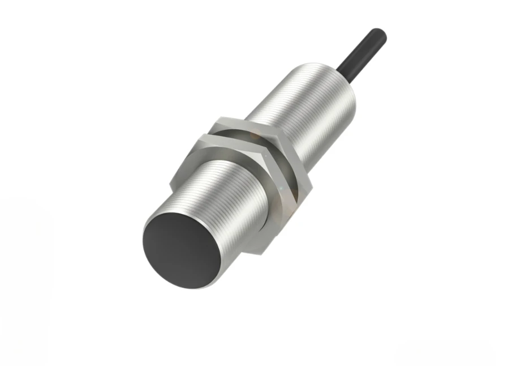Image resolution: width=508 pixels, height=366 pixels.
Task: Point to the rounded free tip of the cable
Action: [x=380, y=35]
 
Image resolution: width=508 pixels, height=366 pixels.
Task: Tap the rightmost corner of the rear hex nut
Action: [x=312, y=185]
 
